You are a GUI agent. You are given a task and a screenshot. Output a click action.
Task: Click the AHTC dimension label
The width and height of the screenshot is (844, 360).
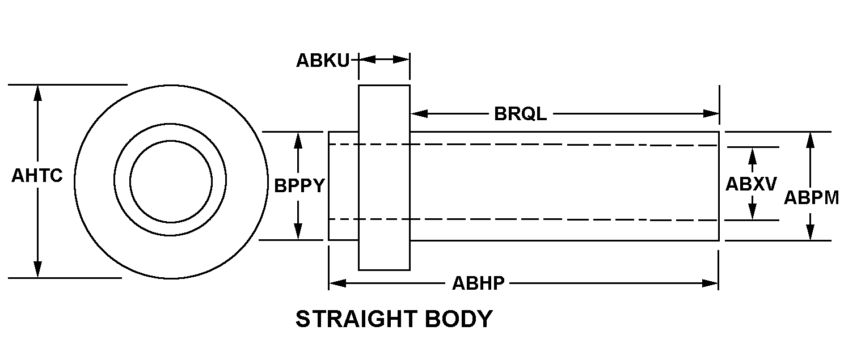pyautogui.click(x=37, y=176)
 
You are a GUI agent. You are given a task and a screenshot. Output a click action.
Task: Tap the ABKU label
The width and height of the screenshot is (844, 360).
pyautogui.click(x=323, y=60)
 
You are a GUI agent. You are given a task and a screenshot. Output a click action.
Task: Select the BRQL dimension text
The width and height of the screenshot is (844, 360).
pyautogui.click(x=520, y=114)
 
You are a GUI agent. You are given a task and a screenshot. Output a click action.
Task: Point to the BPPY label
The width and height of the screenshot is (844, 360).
pyautogui.click(x=299, y=185)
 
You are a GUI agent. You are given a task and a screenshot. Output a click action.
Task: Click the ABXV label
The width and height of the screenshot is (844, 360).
pyautogui.click(x=751, y=184)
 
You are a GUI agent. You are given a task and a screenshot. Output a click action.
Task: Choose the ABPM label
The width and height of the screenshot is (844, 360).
pyautogui.click(x=811, y=198)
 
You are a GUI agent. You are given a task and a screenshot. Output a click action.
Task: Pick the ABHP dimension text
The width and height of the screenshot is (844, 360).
pyautogui.click(x=478, y=283)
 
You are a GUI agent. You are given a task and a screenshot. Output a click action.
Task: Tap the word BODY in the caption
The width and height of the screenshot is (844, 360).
pyautogui.click(x=458, y=319)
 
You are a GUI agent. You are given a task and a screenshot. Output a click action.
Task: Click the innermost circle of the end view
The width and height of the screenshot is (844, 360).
pyautogui.click(x=171, y=141)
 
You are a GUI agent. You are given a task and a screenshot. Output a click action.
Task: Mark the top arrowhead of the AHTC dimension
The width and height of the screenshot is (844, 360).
pyautogui.click(x=37, y=93)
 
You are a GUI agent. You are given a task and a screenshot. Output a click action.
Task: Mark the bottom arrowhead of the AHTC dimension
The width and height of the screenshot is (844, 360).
pyautogui.click(x=37, y=270)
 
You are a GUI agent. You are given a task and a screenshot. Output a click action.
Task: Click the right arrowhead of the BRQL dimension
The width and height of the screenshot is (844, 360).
pyautogui.click(x=711, y=113)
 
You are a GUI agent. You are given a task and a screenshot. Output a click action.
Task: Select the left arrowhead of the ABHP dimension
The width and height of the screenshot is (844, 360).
pyautogui.click(x=337, y=283)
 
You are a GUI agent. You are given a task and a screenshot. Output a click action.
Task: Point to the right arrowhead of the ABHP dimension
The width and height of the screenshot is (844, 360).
pyautogui.click(x=710, y=283)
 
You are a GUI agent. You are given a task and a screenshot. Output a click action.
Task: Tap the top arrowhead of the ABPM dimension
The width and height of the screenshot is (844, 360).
pyautogui.click(x=811, y=140)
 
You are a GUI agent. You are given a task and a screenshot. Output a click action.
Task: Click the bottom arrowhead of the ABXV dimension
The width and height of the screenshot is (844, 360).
pyautogui.click(x=753, y=212)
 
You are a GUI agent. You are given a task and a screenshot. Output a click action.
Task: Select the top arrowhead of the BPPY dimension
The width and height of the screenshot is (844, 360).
pyautogui.click(x=298, y=140)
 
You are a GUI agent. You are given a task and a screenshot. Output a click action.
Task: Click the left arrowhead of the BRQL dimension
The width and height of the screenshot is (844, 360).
pyautogui.click(x=419, y=113)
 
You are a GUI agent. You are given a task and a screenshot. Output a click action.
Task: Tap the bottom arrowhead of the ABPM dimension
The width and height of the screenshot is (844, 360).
pyautogui.click(x=811, y=232)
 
